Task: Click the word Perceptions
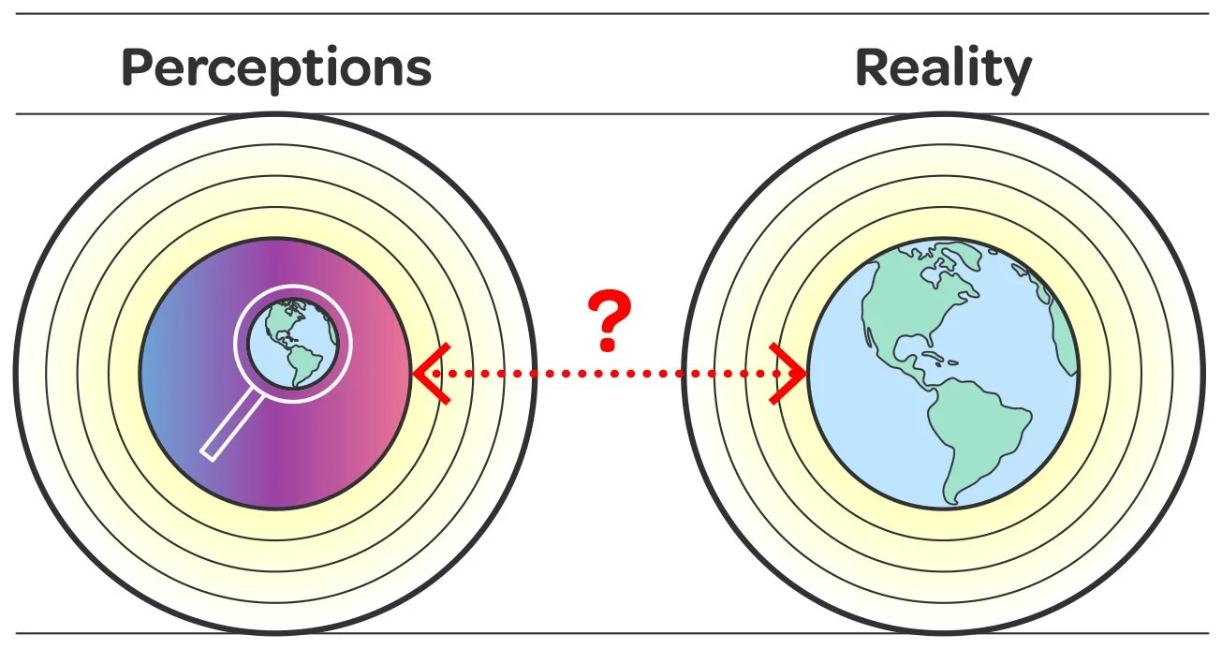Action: tap(276, 67)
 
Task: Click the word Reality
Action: tap(943, 67)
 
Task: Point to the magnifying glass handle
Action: tap(231, 426)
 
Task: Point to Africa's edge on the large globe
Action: tap(1065, 328)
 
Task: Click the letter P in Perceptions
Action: tap(139, 67)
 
